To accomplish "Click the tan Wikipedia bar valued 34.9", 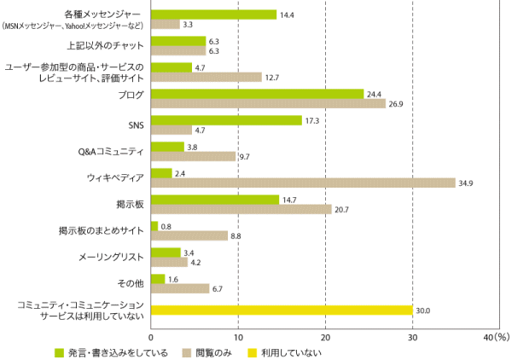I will click(303, 183).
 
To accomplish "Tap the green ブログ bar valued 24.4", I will click(257, 94).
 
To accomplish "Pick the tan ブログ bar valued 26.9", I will click(268, 104).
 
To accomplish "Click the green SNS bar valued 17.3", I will click(226, 120).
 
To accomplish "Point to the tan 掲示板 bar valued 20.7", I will click(241, 209).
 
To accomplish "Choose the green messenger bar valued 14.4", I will click(213, 15).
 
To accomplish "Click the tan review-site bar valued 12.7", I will click(206, 77).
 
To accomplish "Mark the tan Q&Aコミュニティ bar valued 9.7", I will click(193, 156).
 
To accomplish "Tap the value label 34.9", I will click(467, 183).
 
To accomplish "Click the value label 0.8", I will click(167, 226).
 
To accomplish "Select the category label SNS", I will click(136, 125).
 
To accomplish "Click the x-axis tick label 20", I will click(325, 337).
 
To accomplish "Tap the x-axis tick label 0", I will click(151, 337).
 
